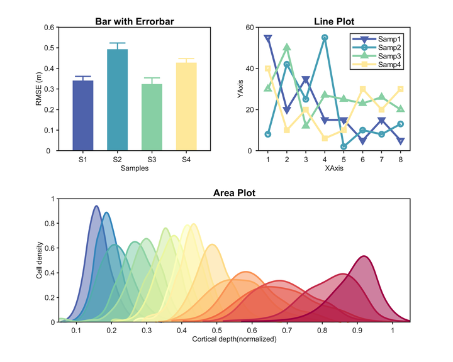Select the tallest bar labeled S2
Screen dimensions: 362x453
[117, 100]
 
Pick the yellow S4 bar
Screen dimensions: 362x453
[186, 107]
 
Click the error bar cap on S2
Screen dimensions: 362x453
[117, 43]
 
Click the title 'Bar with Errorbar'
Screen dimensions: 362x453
[134, 21]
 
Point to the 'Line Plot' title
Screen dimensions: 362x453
[333, 21]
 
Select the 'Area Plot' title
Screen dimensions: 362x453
[234, 192]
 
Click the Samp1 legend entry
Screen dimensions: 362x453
[377, 39]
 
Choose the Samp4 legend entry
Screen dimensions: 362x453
[377, 65]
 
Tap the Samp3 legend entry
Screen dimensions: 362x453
[377, 56]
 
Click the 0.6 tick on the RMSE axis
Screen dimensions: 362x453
[49, 28]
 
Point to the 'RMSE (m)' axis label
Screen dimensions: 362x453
[38, 89]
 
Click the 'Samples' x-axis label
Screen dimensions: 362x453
[134, 169]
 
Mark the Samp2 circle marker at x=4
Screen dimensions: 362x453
[325, 38]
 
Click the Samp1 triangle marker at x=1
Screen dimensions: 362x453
[268, 38]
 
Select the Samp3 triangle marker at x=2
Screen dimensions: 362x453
[287, 47]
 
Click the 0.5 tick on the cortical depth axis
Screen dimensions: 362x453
[217, 330]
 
